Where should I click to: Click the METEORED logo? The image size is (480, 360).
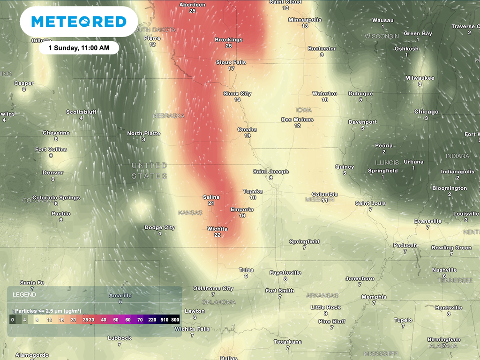point(79,22)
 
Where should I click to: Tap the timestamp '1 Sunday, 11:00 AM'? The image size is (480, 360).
point(79,48)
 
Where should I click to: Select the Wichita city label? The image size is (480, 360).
point(217,229)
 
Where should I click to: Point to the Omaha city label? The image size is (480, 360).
point(247,129)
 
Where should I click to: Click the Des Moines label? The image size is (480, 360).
point(297,120)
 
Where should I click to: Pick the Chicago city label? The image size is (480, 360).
point(426,112)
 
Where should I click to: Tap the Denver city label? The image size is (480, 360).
point(53,172)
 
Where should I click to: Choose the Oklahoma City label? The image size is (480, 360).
point(213,288)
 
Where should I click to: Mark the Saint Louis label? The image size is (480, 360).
point(370,203)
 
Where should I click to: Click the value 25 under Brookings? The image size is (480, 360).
point(229,46)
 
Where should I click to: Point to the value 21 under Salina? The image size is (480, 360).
point(211,203)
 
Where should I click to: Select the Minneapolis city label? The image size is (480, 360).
point(305,20)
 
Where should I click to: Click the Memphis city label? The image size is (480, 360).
point(374,297)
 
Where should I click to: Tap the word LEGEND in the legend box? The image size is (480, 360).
point(24,295)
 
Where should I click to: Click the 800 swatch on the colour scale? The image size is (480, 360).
point(175,320)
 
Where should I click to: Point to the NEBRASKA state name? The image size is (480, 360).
point(169,115)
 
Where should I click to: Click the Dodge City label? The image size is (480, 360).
point(160,227)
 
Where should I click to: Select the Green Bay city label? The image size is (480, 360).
point(418,33)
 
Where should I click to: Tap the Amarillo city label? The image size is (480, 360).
point(120,295)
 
